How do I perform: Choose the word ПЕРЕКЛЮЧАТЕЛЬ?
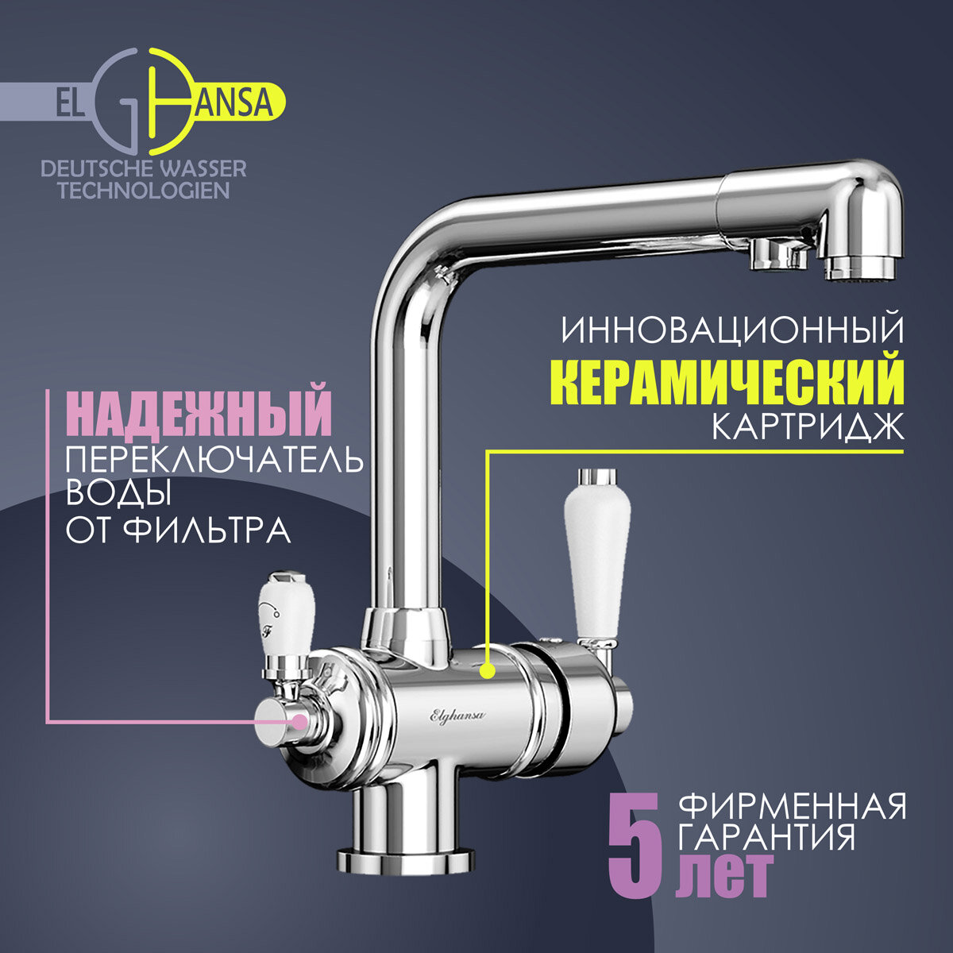214,460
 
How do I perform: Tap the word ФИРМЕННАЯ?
793,808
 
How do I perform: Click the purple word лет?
723,875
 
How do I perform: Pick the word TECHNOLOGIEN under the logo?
144,191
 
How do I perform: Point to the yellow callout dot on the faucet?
487,671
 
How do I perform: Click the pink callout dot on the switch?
299,721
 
